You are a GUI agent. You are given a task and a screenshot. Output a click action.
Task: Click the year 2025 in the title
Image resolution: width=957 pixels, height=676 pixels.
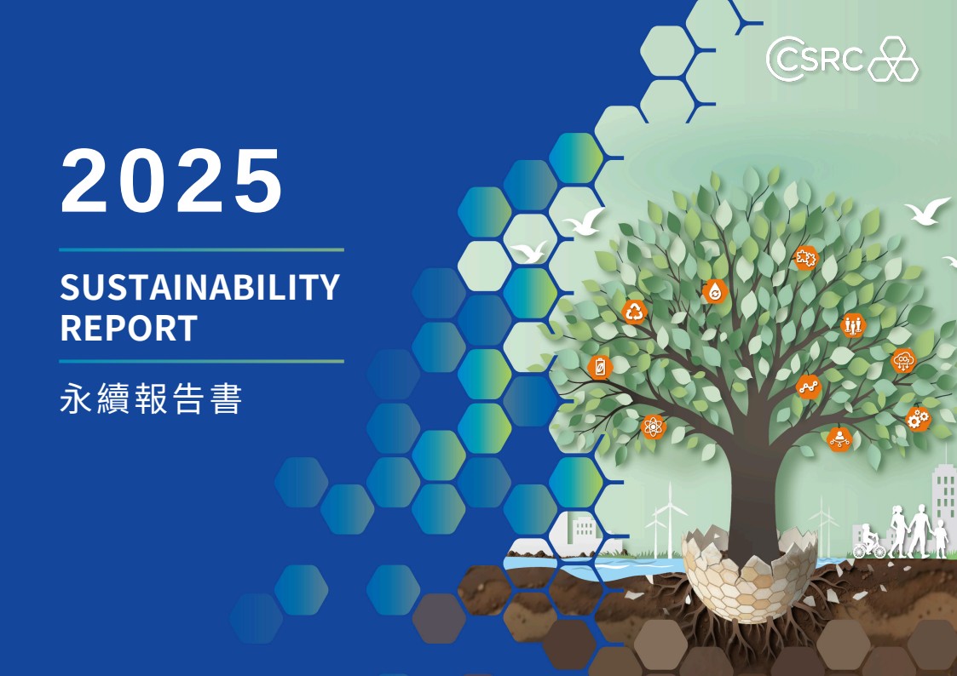click(171, 181)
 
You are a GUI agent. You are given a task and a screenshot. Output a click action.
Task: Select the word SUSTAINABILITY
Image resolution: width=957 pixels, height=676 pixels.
click(200, 287)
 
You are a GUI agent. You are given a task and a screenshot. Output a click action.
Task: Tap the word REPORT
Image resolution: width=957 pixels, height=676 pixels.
click(129, 328)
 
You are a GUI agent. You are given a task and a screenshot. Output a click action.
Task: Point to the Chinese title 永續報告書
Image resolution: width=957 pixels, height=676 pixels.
click(151, 399)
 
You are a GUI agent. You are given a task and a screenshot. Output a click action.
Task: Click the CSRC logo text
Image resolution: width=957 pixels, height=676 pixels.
click(816, 59)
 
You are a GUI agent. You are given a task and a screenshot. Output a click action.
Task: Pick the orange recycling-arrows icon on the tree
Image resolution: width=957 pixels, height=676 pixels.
click(634, 312)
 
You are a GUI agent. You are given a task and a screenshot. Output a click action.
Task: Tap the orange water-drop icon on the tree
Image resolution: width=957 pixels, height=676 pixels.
click(714, 292)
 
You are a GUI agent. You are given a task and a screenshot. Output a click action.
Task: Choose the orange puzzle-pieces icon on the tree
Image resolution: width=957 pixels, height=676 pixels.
click(805, 258)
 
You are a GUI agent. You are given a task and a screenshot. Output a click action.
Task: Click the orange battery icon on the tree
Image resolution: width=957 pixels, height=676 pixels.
click(600, 367)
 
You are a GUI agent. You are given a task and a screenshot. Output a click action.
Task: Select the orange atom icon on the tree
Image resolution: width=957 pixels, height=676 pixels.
click(653, 427)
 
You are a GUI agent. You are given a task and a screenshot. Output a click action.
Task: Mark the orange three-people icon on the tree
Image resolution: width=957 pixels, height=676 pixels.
click(853, 325)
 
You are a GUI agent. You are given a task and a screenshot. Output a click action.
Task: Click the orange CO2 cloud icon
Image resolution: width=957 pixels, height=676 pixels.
click(903, 360)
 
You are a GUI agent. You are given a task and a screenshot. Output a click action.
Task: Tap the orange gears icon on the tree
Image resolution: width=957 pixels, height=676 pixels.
click(917, 419)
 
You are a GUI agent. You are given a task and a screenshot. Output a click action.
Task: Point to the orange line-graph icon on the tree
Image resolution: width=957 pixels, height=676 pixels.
click(809, 387)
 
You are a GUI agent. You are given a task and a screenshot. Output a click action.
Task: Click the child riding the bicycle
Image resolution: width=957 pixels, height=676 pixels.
click(870, 544)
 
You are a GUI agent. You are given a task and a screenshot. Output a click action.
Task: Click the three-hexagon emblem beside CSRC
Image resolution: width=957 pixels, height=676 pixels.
click(893, 59)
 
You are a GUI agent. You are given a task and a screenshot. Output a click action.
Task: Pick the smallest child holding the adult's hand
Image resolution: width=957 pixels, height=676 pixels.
click(941, 539)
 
